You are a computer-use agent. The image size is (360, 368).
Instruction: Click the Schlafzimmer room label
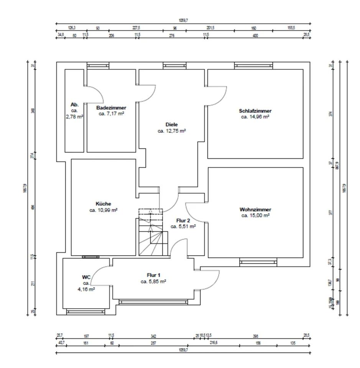click(255, 111)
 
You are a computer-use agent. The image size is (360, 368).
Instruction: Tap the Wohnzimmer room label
click(255, 210)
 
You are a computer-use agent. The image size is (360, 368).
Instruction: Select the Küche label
click(103, 204)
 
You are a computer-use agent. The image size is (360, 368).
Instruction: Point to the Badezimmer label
click(111, 108)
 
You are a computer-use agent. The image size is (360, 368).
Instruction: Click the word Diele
click(171, 125)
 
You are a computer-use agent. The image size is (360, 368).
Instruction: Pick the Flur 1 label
click(153, 275)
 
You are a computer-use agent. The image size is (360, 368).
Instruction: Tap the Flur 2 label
click(183, 221)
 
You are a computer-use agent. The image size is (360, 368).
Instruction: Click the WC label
click(86, 277)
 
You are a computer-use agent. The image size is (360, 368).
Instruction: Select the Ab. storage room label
click(74, 105)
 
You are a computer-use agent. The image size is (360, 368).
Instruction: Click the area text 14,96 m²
click(255, 117)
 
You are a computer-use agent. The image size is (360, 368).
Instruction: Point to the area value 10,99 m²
click(103, 210)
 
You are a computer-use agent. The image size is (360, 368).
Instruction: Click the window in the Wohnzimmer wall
click(258, 263)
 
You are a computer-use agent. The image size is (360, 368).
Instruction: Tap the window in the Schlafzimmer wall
click(253, 66)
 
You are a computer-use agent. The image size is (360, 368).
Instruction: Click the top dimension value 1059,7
click(183, 20)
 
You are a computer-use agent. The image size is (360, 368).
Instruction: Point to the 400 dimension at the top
click(255, 35)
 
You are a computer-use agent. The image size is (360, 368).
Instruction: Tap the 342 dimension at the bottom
click(153, 336)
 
